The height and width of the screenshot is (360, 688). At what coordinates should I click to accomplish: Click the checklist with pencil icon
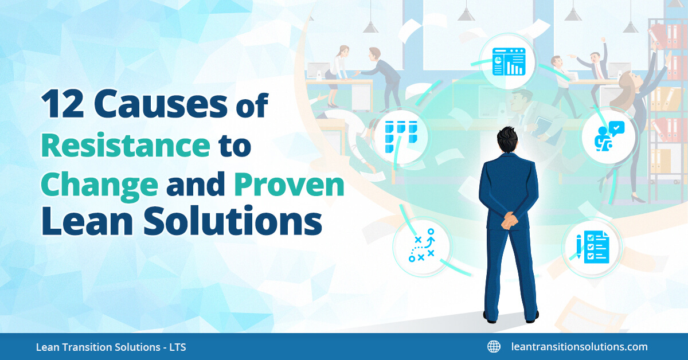592,247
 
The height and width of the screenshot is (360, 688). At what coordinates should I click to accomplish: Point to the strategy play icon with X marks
422,247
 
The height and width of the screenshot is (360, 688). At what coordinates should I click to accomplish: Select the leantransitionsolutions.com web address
579,346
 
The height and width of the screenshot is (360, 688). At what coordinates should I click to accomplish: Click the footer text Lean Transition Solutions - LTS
111,347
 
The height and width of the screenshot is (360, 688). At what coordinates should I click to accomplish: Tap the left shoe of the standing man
491,315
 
